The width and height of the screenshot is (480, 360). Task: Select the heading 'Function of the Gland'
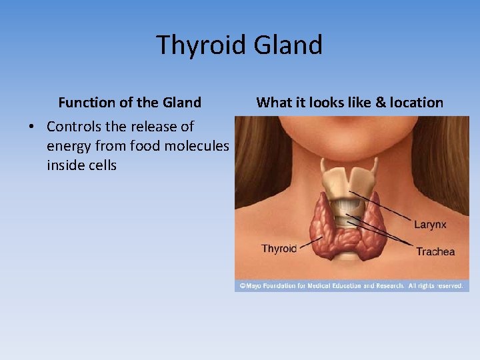[x=129, y=103]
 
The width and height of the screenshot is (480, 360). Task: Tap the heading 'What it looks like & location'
[x=349, y=103]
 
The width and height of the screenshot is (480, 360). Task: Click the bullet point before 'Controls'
[x=32, y=127]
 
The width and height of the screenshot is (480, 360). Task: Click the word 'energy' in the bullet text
[x=70, y=146]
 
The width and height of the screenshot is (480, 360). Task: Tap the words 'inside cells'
[x=81, y=165]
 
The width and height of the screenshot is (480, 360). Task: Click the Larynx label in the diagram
[x=429, y=225]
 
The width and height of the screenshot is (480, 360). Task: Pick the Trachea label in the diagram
[x=435, y=251]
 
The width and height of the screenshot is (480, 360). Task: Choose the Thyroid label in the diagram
[x=279, y=249]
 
